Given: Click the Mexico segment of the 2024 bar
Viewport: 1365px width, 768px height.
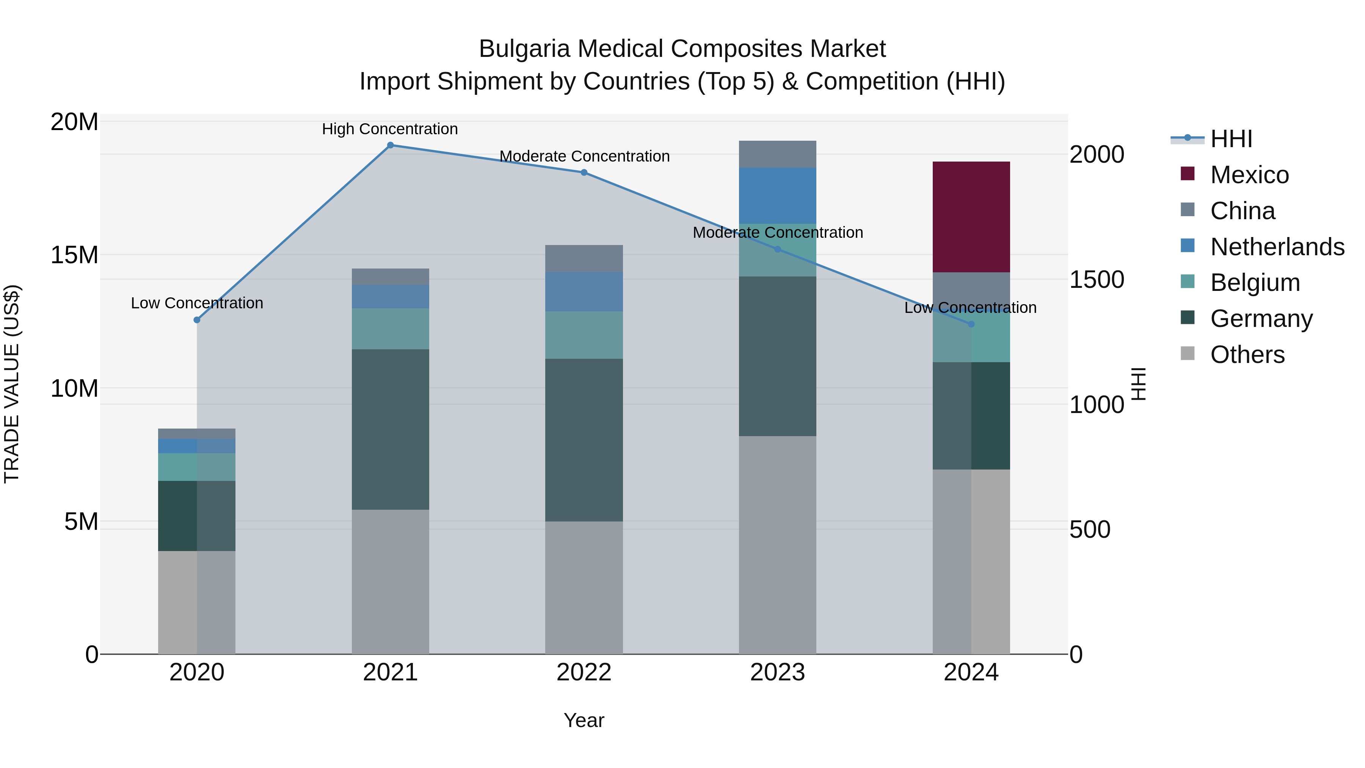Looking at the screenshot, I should click(971, 217).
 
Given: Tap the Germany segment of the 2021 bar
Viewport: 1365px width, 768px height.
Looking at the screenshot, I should click(390, 429).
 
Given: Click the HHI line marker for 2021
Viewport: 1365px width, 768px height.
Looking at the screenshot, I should click(390, 145).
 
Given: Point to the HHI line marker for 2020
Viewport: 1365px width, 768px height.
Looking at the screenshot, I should click(196, 320).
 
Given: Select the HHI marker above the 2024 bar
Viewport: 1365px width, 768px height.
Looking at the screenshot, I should click(971, 324).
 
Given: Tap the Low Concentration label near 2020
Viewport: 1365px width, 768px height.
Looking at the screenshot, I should click(196, 303).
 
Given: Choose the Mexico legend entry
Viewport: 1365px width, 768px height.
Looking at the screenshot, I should click(1249, 175).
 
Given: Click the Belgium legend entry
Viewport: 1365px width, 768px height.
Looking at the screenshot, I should click(1254, 283).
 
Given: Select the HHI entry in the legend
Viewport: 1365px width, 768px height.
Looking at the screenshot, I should click(1231, 139).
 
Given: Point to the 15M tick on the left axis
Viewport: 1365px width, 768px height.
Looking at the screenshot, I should click(74, 255).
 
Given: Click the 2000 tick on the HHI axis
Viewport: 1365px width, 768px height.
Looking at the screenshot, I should click(1096, 154).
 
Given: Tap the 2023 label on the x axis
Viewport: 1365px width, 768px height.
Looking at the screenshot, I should click(777, 672).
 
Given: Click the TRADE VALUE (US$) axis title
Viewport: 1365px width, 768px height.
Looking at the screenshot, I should click(12, 384).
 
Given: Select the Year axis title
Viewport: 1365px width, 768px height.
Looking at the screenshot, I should click(584, 720).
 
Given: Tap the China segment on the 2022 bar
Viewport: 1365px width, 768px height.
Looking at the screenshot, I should click(584, 259).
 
